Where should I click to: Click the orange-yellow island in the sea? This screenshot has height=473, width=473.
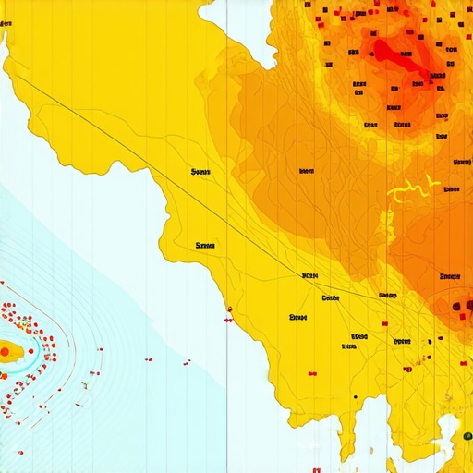pyautogui.click(x=7, y=350)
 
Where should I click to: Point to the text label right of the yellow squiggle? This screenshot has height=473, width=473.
pyautogui.click(x=452, y=189)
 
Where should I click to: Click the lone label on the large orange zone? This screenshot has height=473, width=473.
pyautogui.click(x=306, y=171)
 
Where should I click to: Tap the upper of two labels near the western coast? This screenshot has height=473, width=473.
pyautogui.click(x=200, y=172)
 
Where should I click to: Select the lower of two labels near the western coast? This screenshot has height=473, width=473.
pyautogui.click(x=204, y=246)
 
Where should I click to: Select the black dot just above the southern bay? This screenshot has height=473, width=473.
pyautogui.click(x=354, y=398)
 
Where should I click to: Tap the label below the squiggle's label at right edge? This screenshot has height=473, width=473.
pyautogui.click(x=450, y=276)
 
